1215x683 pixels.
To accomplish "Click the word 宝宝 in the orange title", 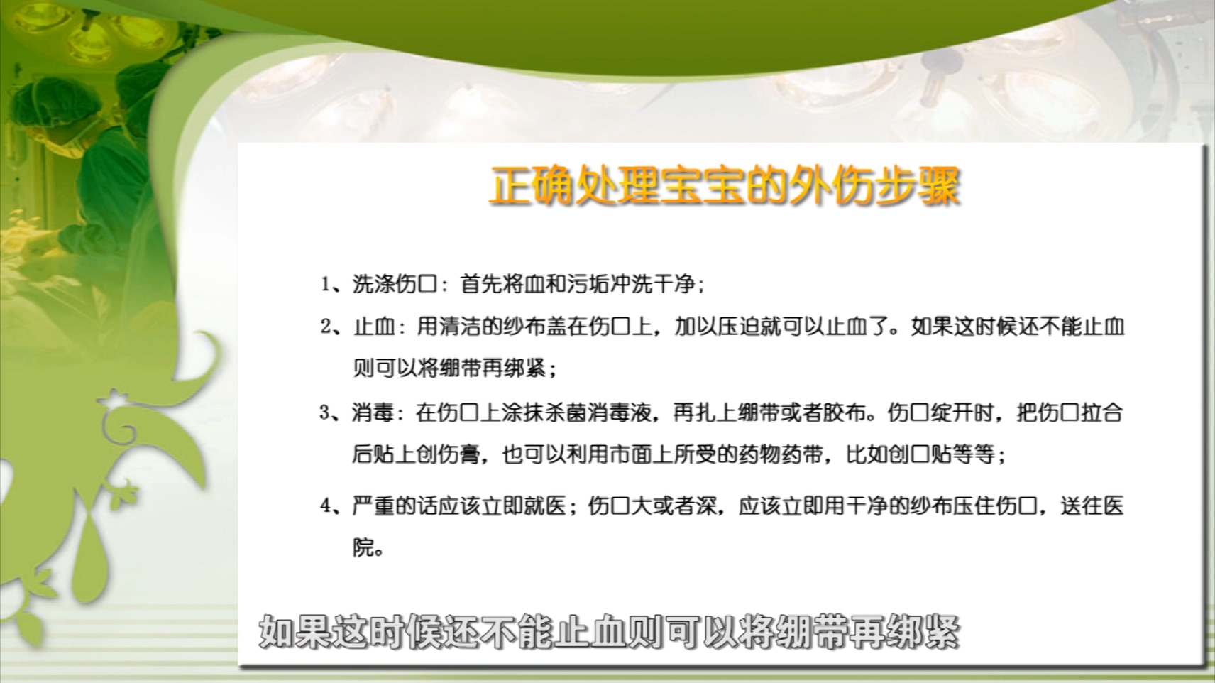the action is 703,187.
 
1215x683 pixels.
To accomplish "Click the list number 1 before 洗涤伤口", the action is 326,284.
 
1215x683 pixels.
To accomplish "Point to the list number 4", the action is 326,506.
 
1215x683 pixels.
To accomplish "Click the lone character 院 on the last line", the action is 363,547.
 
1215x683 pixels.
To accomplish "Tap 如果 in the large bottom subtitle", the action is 295,631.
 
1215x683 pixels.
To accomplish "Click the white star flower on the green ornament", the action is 115,400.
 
